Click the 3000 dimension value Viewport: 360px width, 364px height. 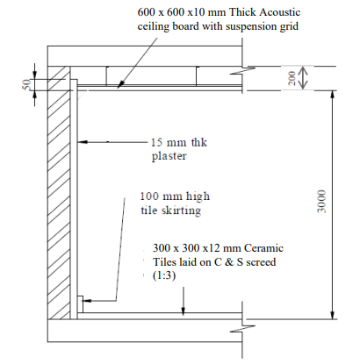pyautogui.click(x=321, y=202)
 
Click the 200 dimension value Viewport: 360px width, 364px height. pyautogui.click(x=292, y=78)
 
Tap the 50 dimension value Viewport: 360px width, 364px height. pyautogui.click(x=26, y=84)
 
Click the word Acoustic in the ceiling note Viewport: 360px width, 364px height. pyautogui.click(x=280, y=12)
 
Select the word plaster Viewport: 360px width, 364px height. pyautogui.click(x=169, y=156)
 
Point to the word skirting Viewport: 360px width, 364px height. pyautogui.click(x=182, y=211)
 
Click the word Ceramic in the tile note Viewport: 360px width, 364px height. pyautogui.click(x=263, y=248)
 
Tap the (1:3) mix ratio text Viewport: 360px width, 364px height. pyautogui.click(x=164, y=275)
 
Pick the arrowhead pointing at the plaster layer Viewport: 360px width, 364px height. pyautogui.click(x=83, y=142)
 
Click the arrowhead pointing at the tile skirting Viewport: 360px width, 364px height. pyautogui.click(x=88, y=301)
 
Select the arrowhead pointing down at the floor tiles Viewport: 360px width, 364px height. pyautogui.click(x=184, y=310)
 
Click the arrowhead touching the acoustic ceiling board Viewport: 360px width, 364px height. pyautogui.click(x=120, y=84)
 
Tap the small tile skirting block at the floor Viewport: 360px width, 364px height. pyautogui.click(x=80, y=304)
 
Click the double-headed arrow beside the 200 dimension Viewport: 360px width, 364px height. pyautogui.click(x=303, y=78)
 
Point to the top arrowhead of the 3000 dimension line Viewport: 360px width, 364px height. pyautogui.click(x=332, y=95)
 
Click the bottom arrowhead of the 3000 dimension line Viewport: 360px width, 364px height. pyautogui.click(x=332, y=315)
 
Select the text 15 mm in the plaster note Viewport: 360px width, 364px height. pyautogui.click(x=169, y=142)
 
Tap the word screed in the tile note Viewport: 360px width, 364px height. pyautogui.click(x=261, y=262)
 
